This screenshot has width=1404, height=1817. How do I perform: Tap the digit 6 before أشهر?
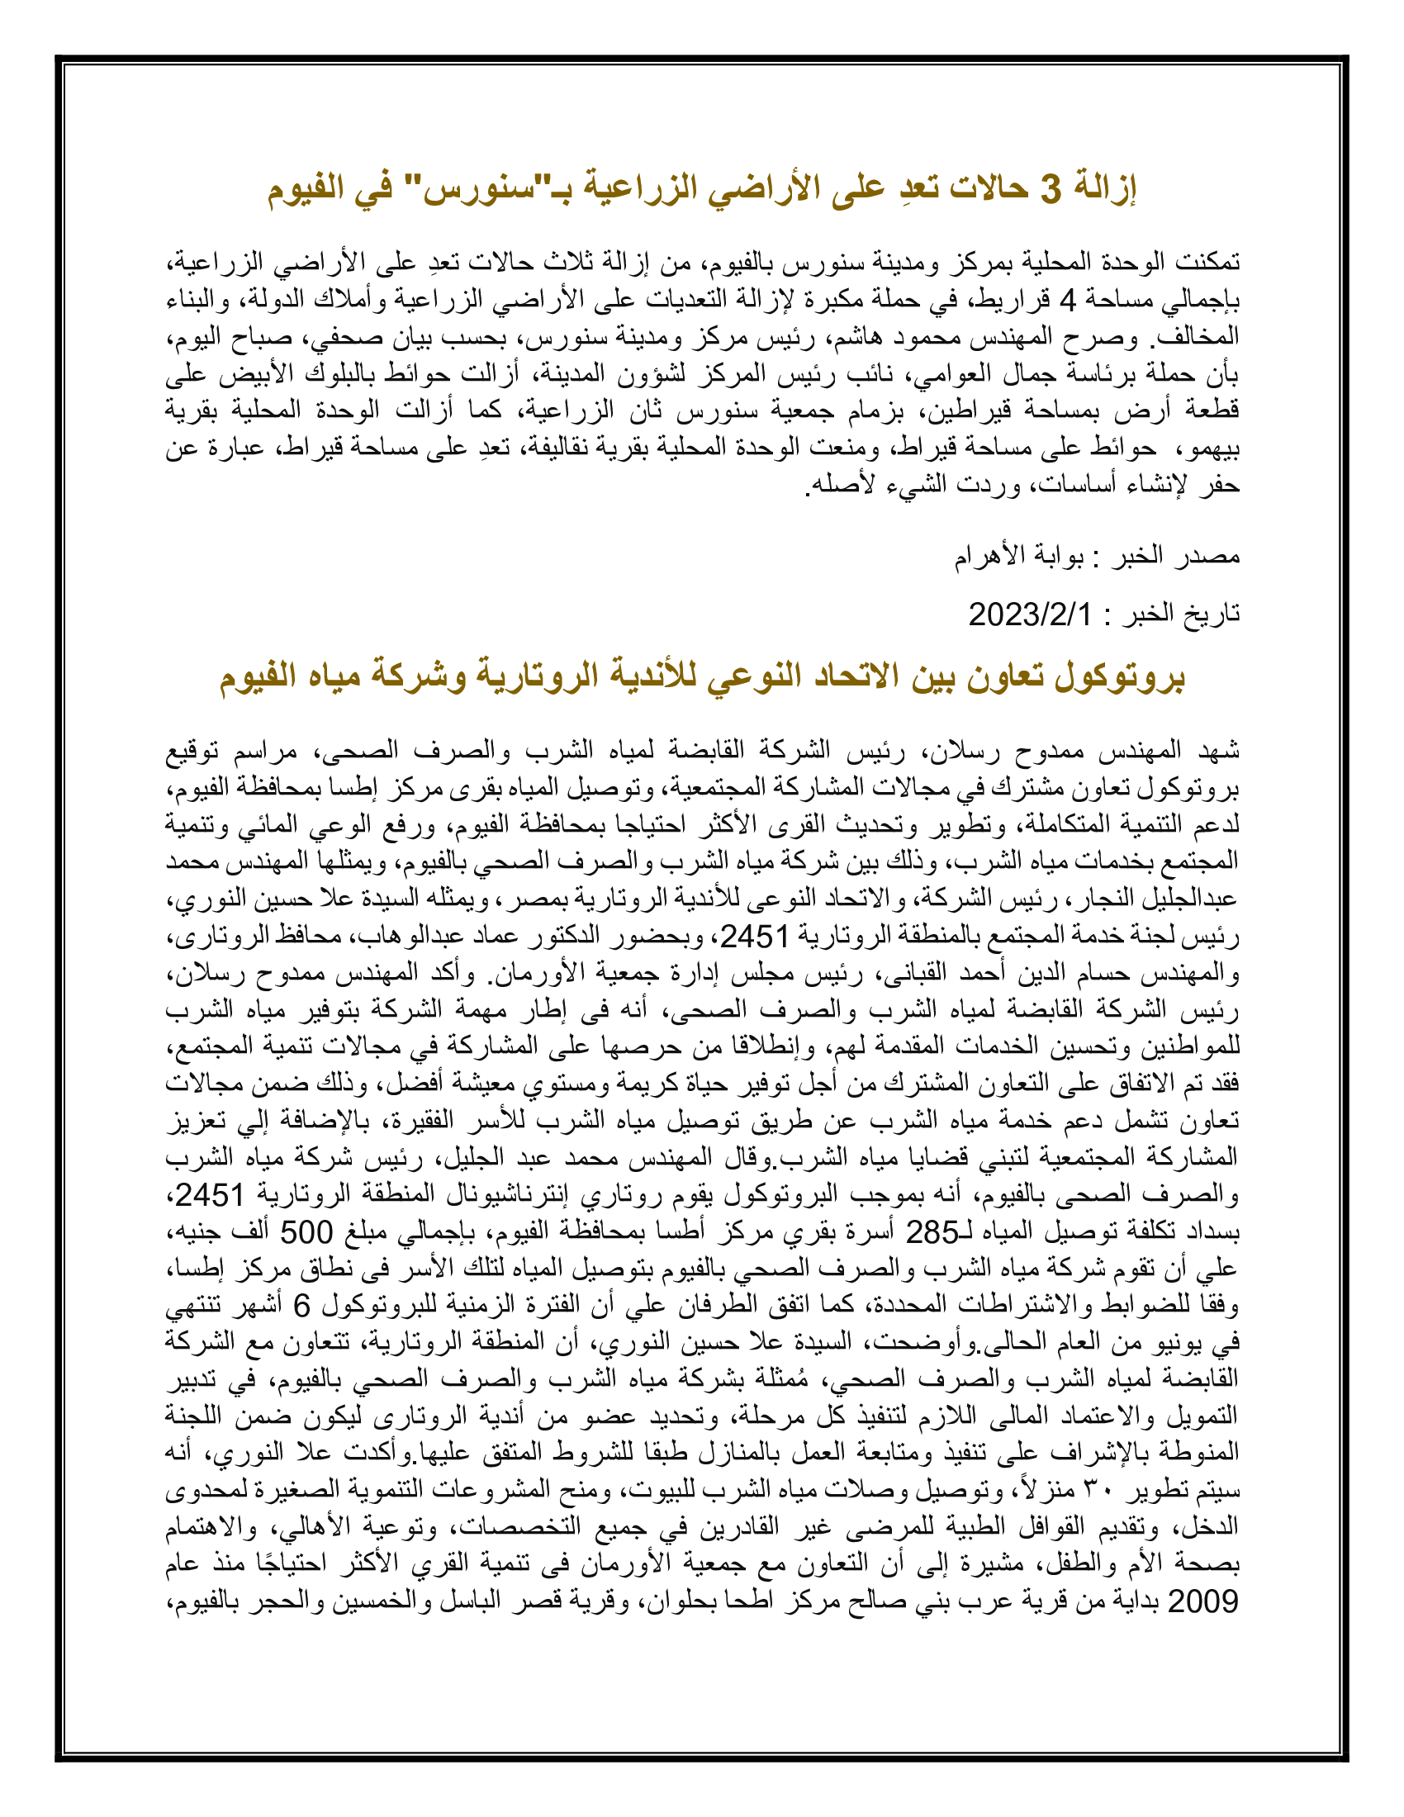302,1307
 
